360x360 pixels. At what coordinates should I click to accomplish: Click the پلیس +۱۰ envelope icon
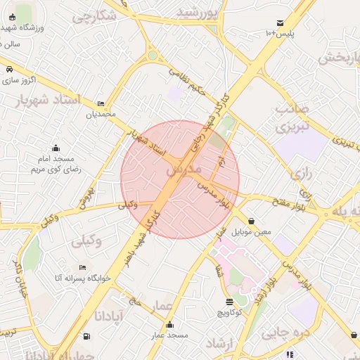(281, 23)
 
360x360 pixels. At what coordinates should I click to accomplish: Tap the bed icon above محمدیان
(101, 103)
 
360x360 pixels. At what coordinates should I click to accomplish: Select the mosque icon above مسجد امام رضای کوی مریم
(56, 148)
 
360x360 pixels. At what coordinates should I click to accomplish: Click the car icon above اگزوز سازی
(9, 70)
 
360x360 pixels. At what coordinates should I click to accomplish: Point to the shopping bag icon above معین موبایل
(251, 221)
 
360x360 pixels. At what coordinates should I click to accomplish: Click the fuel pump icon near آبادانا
(86, 336)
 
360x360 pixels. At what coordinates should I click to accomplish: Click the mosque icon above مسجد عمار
(169, 324)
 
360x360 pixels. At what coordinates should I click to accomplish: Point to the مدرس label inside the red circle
(185, 170)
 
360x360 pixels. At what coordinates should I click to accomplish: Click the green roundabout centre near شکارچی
(153, 55)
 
